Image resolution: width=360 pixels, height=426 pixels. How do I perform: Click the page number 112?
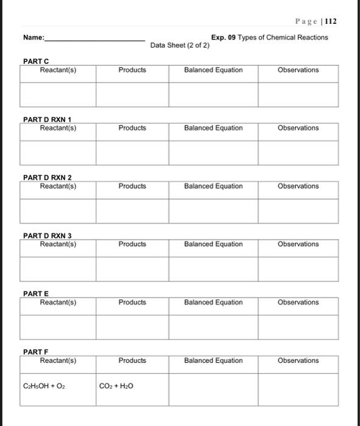coord(331,21)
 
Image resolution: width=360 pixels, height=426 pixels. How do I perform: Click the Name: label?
coord(33,38)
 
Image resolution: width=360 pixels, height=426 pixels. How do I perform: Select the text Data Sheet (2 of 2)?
coord(179,46)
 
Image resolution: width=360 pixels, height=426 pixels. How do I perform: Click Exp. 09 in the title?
coord(223,37)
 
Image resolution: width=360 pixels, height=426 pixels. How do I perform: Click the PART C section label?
coord(36,61)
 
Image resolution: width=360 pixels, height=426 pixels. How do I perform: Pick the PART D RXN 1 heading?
coord(47,119)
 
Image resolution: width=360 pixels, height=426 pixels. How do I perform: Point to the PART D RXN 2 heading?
coord(47,178)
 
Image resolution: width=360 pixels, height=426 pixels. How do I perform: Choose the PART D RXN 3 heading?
coord(47,236)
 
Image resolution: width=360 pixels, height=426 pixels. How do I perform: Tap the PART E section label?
coord(35,294)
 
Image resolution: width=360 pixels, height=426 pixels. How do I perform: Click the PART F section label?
coord(35,352)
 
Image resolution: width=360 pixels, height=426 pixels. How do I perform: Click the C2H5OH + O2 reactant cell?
coord(44,386)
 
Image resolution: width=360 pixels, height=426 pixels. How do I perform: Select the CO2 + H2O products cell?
coord(117,386)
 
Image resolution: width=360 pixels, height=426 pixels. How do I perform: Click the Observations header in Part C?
coord(298,70)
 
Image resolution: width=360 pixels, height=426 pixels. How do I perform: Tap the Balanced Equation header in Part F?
coord(213,360)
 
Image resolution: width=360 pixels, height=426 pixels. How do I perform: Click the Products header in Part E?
coord(132,302)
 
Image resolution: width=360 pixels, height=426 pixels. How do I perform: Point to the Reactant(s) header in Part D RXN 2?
coord(58,186)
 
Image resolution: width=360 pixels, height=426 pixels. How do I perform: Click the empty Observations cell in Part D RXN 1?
coord(298,153)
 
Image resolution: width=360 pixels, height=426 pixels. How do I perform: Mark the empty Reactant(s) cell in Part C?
coord(58,94)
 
